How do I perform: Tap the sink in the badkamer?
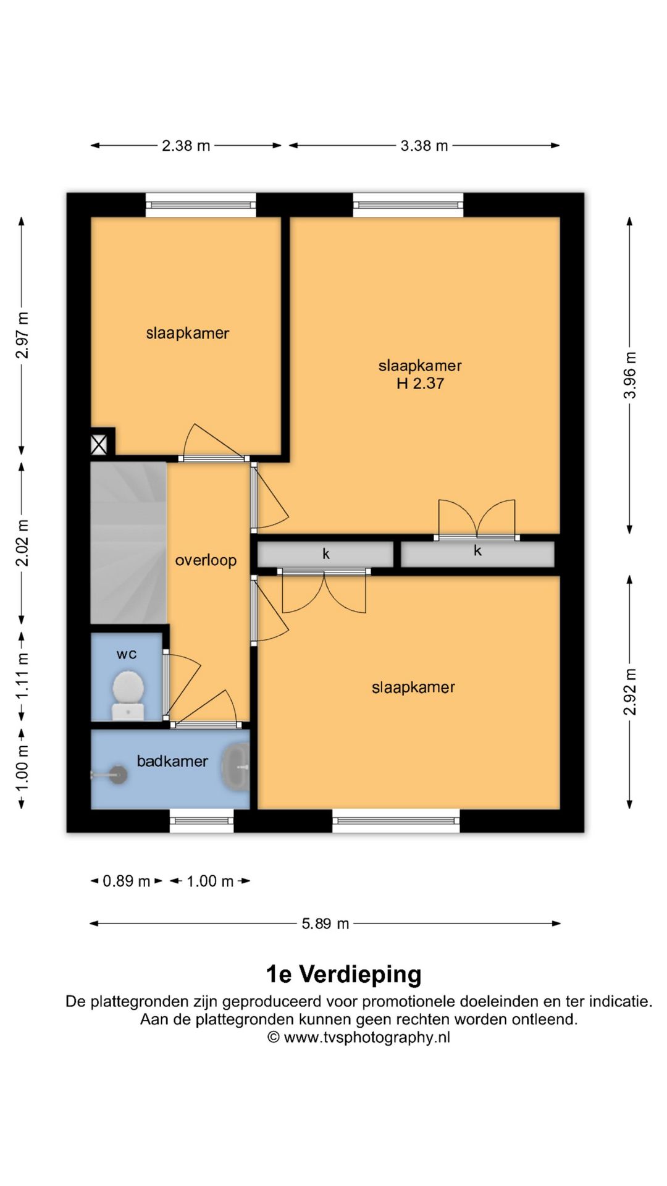point(236,767)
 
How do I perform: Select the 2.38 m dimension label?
point(186,146)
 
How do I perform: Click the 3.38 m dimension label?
point(424,146)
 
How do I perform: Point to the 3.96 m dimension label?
point(630,375)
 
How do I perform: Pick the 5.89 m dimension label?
point(325,923)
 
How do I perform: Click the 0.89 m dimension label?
point(127,881)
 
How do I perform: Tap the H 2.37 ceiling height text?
point(420,384)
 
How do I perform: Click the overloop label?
point(206,560)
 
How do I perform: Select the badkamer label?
point(172,761)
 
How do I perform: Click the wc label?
point(127,654)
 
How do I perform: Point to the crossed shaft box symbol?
point(99,445)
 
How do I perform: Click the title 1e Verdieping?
point(343,974)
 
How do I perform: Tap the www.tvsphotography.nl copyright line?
point(359,1037)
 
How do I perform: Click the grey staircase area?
point(128,543)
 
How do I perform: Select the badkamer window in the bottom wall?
point(202,821)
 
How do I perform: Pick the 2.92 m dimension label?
point(630,692)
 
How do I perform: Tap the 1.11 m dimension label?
point(22,676)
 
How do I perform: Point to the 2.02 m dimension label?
point(22,542)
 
